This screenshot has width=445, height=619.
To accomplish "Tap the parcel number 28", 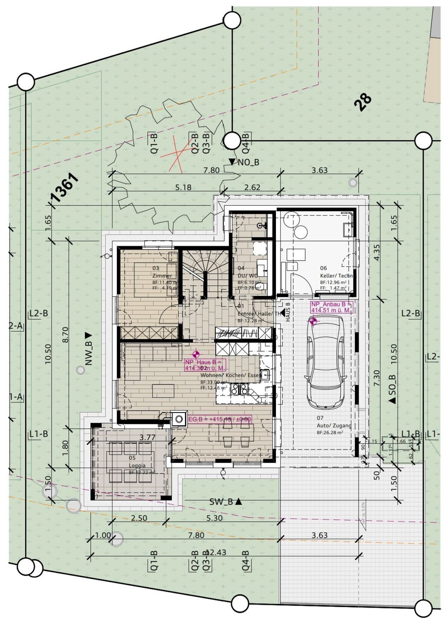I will tap(362, 102).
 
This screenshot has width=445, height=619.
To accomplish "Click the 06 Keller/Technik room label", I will tap(337, 272).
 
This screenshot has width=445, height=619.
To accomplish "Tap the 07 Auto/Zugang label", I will tap(333, 422).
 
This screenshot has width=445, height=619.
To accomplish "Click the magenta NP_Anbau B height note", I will tap(331, 307).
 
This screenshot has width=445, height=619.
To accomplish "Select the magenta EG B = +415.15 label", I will tap(220, 419).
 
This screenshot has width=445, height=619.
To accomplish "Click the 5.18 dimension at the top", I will tap(183, 188).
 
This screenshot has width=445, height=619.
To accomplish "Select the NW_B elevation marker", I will tap(88, 349).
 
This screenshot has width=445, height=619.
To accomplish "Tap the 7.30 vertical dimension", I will tap(377, 379).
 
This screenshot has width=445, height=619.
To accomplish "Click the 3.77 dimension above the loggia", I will tap(147, 437).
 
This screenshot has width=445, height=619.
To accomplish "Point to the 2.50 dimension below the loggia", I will tap(139, 518).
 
